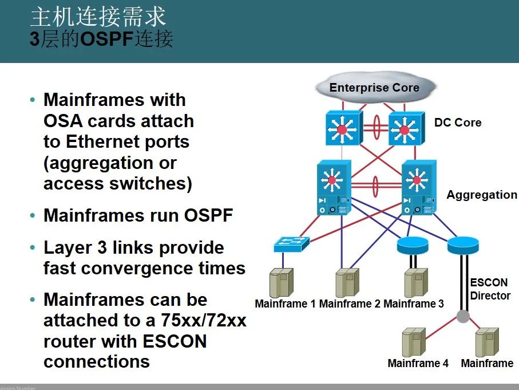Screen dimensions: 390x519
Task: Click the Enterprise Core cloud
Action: (x=374, y=88)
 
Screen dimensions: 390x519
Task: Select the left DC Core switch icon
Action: (x=342, y=128)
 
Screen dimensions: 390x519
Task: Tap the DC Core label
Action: (x=458, y=123)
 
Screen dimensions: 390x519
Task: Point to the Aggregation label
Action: (x=482, y=195)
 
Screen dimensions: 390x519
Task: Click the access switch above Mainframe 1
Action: (x=291, y=244)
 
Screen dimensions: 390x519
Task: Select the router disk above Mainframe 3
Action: (x=413, y=245)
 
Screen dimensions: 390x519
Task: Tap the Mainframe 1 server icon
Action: (x=282, y=283)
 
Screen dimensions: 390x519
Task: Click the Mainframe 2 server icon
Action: (x=347, y=283)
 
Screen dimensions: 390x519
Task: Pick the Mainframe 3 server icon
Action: (x=416, y=283)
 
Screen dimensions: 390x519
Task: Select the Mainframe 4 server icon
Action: (x=414, y=342)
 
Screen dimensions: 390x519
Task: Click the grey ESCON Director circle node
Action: (x=463, y=316)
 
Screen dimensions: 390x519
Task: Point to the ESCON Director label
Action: (x=490, y=289)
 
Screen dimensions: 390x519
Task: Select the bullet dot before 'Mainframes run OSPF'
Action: (x=33, y=216)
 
